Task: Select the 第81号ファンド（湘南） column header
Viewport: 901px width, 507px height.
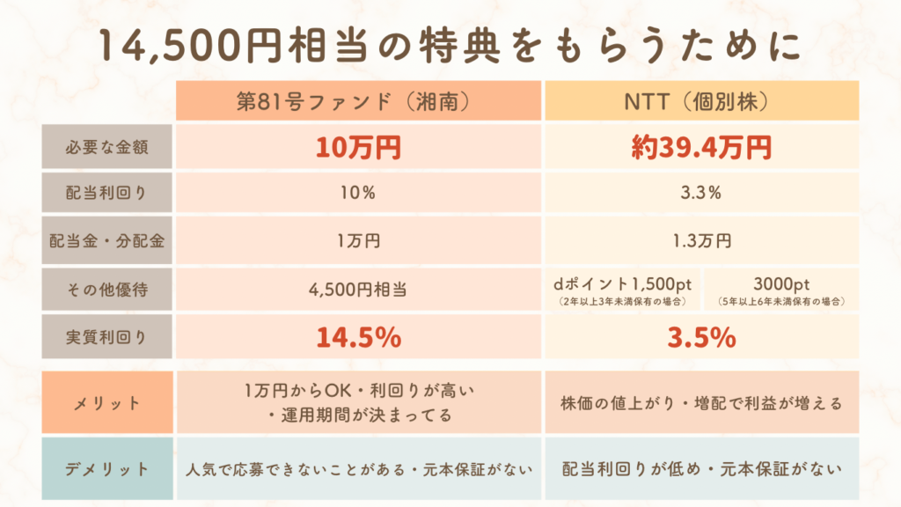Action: click(x=359, y=101)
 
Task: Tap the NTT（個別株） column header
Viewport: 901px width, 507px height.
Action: click(x=701, y=101)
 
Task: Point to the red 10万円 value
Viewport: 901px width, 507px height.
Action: click(x=359, y=147)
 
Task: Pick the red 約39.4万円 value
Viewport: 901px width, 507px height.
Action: click(x=701, y=147)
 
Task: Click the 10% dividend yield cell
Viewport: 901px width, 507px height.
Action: click(x=359, y=194)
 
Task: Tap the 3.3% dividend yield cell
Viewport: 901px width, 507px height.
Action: click(x=701, y=194)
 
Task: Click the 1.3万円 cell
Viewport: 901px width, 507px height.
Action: click(x=701, y=241)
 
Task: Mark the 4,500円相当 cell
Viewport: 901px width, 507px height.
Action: click(x=359, y=289)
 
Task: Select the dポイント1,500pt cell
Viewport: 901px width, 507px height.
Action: click(x=622, y=289)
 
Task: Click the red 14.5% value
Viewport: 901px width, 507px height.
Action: click(x=359, y=337)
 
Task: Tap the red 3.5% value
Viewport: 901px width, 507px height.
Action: click(x=701, y=337)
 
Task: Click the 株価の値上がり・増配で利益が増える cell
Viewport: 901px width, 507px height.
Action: click(x=701, y=403)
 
